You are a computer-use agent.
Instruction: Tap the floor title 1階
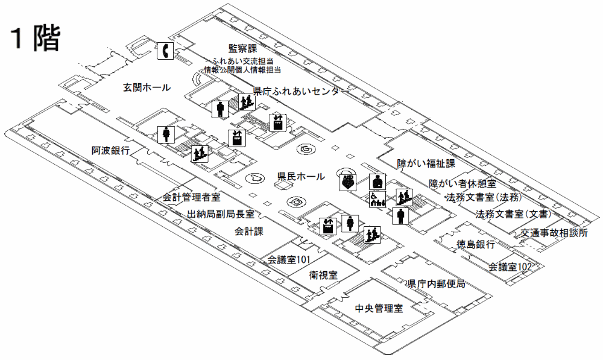click(x=35, y=39)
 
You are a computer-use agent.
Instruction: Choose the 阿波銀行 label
click(x=110, y=150)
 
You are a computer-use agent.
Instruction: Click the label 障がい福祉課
click(x=425, y=164)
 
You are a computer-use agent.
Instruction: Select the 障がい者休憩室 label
click(x=462, y=183)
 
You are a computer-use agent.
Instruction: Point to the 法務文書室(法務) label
click(x=482, y=198)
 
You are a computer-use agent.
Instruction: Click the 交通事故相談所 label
click(x=554, y=233)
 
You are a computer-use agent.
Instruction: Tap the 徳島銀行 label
click(x=476, y=245)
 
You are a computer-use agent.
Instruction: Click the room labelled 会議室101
click(x=289, y=260)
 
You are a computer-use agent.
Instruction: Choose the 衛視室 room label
click(x=323, y=275)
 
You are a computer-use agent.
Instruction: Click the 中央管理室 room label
click(x=379, y=309)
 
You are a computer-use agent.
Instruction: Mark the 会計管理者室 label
click(x=191, y=197)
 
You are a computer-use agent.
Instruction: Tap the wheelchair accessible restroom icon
click(x=377, y=200)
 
